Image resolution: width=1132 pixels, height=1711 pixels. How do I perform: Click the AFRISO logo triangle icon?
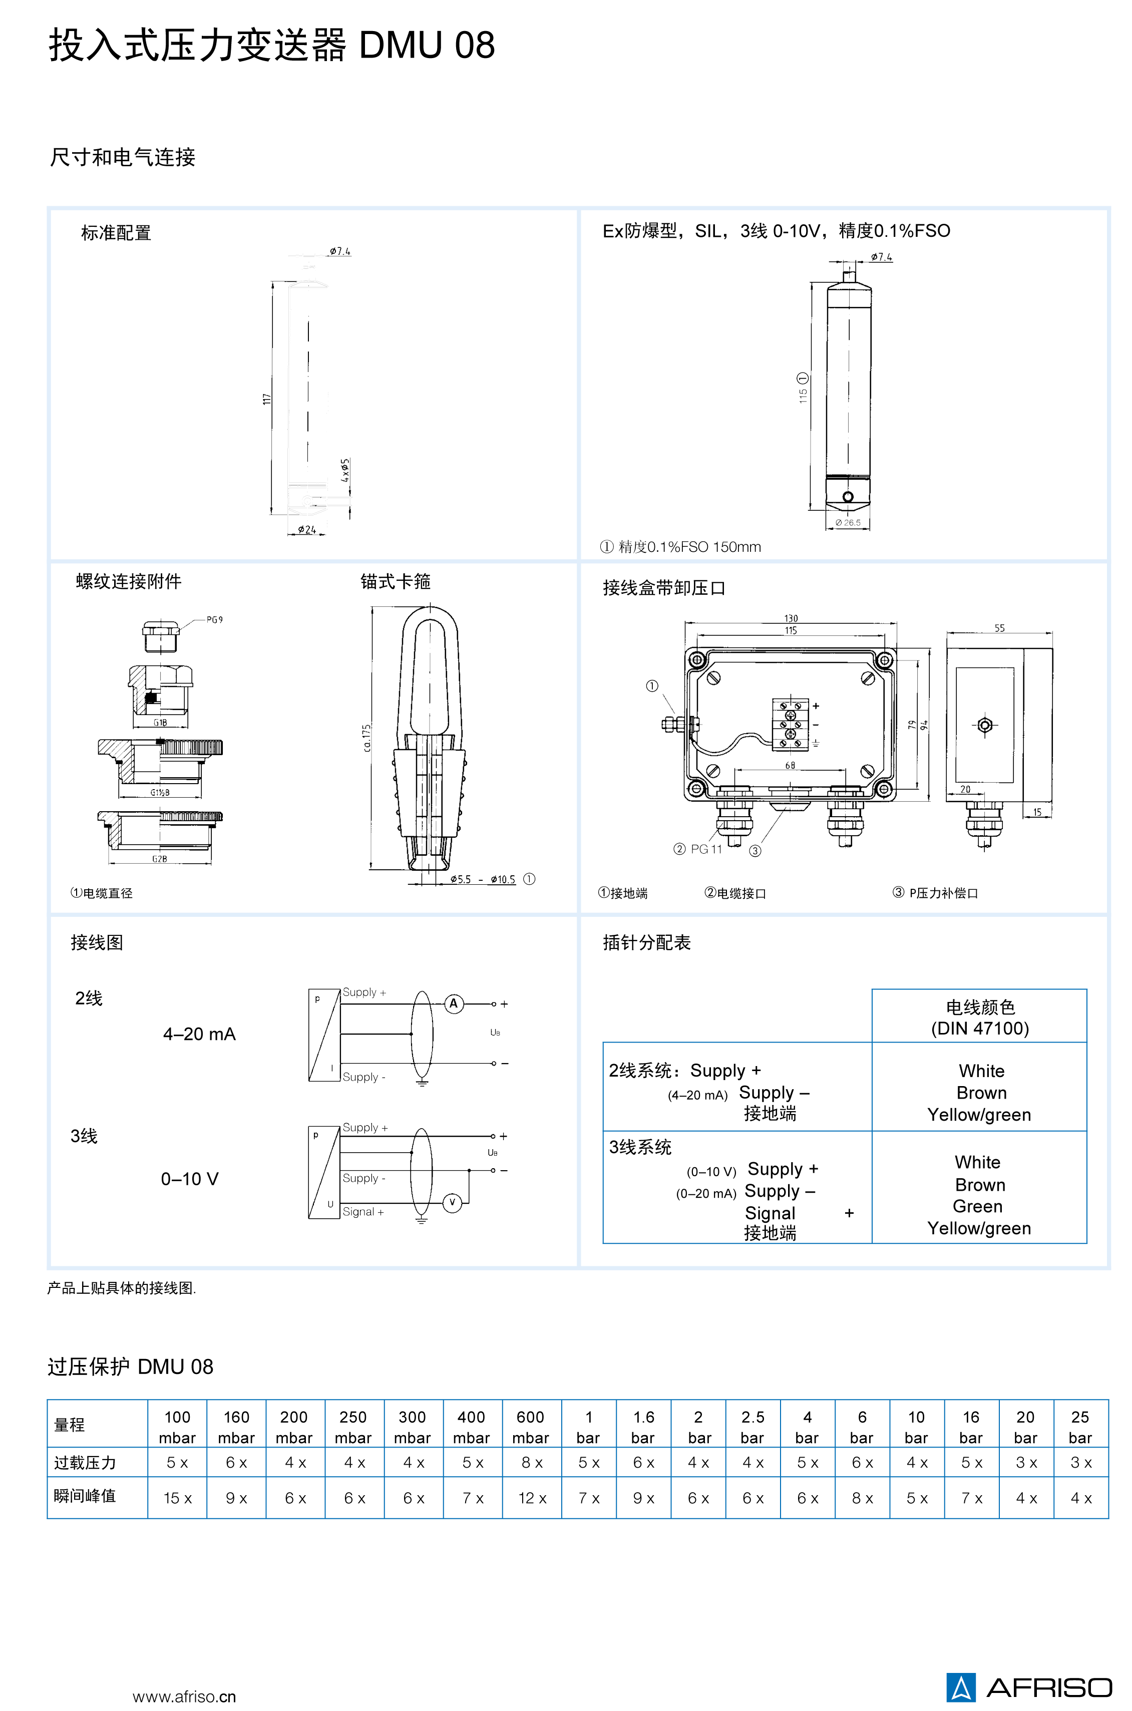click(x=960, y=1686)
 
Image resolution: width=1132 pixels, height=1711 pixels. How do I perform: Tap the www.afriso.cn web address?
click(x=184, y=1696)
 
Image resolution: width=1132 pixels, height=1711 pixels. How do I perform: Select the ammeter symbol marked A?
click(x=454, y=1003)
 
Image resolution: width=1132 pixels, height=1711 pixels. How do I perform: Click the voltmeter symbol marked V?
click(x=452, y=1202)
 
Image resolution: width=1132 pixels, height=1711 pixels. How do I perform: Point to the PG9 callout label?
click(x=214, y=619)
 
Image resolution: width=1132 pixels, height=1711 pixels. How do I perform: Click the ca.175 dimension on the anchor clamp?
click(x=367, y=738)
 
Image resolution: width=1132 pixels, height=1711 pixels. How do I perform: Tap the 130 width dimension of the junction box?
click(x=791, y=618)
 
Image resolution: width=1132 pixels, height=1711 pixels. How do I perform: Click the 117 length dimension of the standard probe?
click(x=266, y=399)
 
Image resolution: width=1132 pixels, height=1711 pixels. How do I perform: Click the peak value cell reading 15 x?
click(x=178, y=1498)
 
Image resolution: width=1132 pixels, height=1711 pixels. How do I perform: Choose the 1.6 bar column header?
click(x=643, y=1427)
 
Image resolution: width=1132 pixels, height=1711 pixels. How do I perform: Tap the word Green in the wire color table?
click(x=977, y=1206)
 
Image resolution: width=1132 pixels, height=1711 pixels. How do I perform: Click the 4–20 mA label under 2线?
click(x=199, y=1034)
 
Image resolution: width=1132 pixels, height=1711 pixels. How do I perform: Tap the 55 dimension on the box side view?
click(x=999, y=628)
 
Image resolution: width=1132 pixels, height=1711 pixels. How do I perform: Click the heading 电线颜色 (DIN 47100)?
click(x=980, y=1017)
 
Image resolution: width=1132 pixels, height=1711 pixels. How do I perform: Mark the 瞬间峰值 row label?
click(x=85, y=1495)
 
